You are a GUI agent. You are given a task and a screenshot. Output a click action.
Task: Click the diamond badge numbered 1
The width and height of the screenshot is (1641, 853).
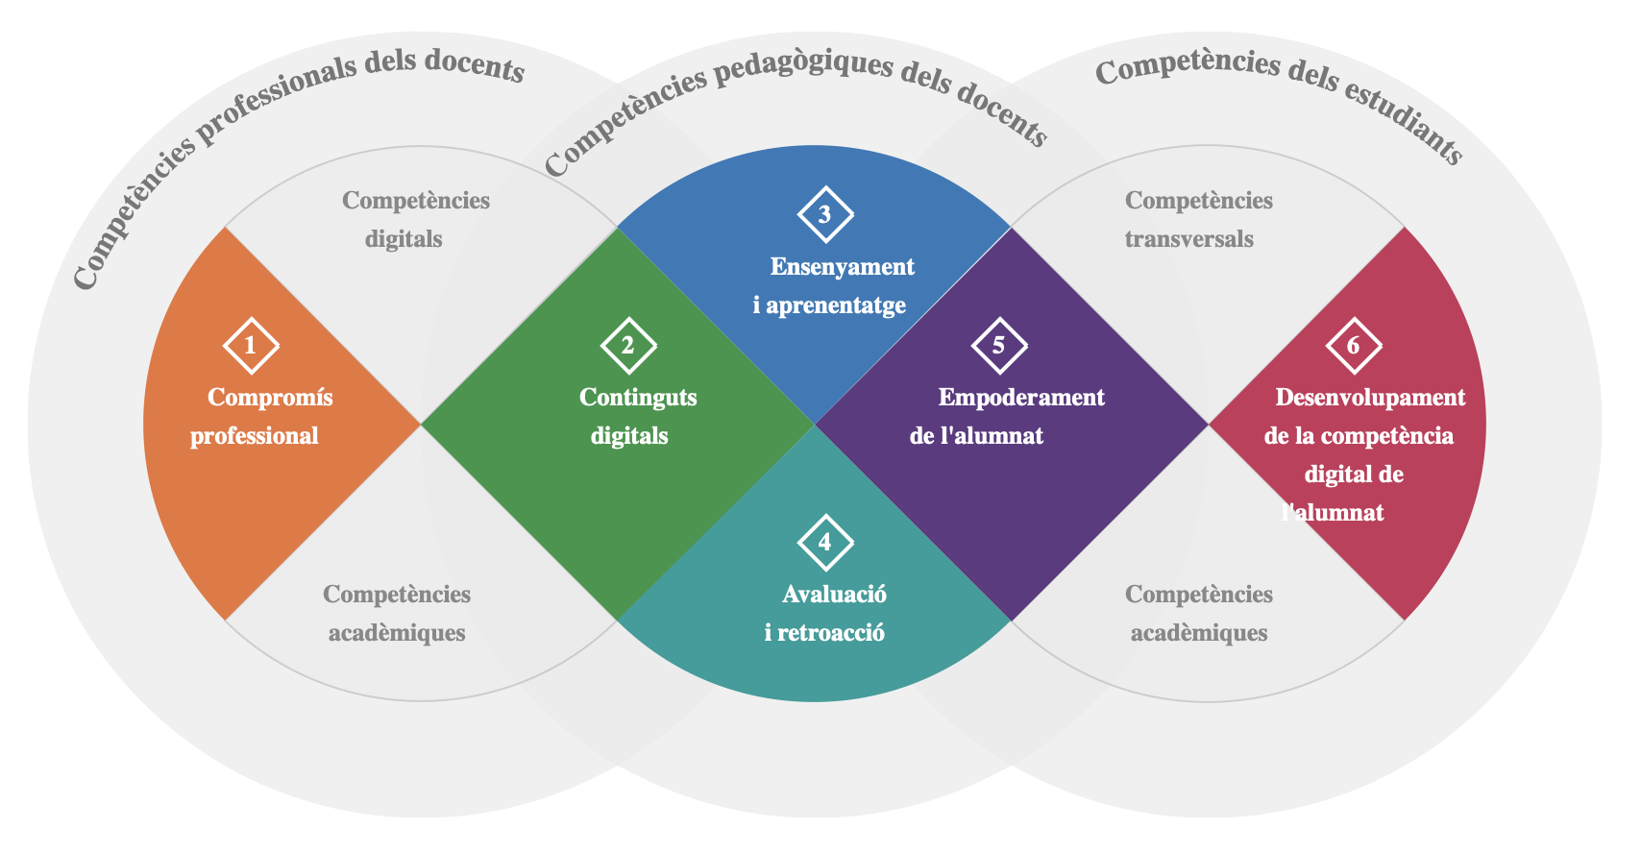coord(251,346)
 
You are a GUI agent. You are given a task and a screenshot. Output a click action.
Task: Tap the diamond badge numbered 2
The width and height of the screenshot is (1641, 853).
coord(628,346)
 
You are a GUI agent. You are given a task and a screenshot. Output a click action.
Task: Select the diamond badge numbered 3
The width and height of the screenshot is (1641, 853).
coord(825,215)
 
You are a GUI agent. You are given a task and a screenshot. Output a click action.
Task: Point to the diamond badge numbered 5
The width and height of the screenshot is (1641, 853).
coord(999,346)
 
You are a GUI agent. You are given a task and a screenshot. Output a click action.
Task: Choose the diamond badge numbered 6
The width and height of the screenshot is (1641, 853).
coord(1354,346)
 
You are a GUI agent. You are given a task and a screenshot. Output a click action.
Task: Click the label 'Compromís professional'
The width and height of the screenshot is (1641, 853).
coord(259,417)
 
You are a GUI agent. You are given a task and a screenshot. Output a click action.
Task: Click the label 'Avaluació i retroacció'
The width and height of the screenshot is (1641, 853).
coord(828,614)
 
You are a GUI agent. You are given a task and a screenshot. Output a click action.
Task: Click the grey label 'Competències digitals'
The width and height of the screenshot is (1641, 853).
coord(413,220)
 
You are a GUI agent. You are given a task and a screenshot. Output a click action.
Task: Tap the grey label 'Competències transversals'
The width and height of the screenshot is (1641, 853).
coord(1196,220)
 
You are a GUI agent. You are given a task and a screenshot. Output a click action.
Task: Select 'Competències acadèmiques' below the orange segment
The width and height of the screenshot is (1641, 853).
coord(397,614)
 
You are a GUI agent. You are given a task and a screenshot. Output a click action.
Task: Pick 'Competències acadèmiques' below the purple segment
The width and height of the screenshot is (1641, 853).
coord(1199,614)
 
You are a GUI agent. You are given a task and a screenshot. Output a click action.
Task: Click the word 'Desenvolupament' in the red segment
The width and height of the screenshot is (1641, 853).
coord(1370,398)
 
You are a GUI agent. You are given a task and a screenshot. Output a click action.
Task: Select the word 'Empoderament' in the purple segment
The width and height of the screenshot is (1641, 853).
coord(1021,398)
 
